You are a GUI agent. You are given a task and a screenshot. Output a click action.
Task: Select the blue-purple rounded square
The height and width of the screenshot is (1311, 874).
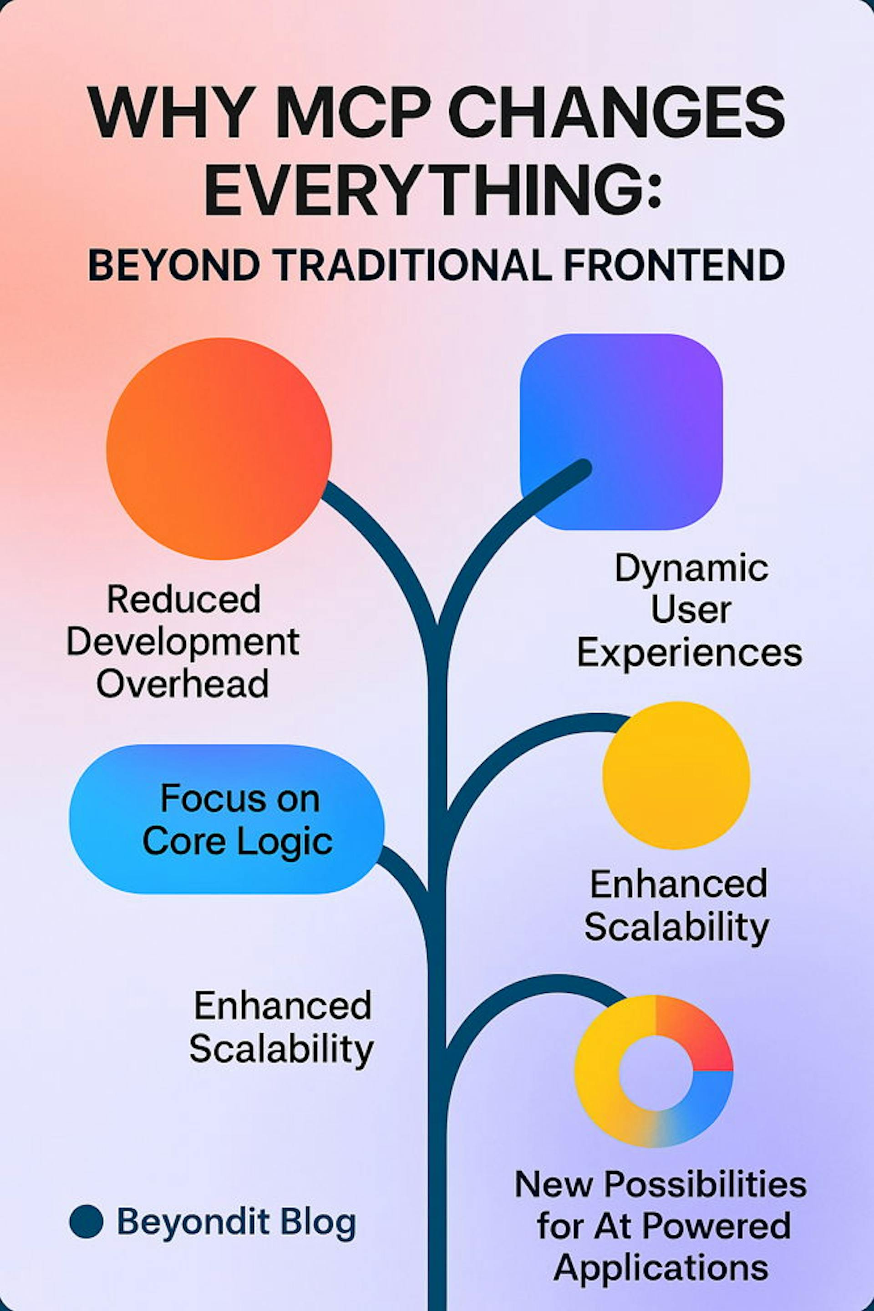[x=621, y=432]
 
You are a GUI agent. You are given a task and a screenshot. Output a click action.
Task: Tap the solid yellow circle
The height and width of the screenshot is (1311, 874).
[x=676, y=775]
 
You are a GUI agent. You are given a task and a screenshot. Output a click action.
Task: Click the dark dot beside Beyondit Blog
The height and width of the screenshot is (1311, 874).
[x=86, y=1221]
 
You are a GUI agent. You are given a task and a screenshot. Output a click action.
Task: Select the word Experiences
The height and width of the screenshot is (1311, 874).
[x=690, y=653]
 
